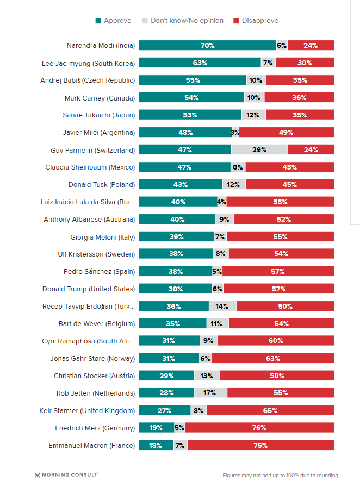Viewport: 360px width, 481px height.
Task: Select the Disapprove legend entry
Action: pos(256,21)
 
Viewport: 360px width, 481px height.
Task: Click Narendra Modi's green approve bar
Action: pos(207,46)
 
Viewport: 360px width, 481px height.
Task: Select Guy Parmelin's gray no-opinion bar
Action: pos(259,149)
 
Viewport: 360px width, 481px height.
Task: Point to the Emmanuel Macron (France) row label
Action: pos(91,445)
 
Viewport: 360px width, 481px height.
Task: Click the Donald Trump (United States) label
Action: pos(89,289)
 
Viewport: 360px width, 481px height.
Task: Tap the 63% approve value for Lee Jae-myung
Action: pos(200,63)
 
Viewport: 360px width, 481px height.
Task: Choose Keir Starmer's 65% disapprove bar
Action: pos(270,410)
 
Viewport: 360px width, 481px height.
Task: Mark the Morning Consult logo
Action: pos(66,474)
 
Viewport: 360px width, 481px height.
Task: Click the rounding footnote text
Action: pos(281,475)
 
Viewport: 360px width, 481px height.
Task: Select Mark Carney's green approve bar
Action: pos(191,98)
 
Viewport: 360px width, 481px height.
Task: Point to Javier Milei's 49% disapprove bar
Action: pos(286,132)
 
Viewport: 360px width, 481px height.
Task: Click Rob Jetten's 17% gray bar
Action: pos(210,393)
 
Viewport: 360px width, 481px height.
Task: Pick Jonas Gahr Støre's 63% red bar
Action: pos(272,358)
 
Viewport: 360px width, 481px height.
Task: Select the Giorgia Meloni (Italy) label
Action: pos(102,236)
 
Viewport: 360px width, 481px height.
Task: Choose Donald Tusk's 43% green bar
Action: pos(181,184)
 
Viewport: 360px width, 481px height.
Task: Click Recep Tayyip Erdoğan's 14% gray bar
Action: pos(222,306)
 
